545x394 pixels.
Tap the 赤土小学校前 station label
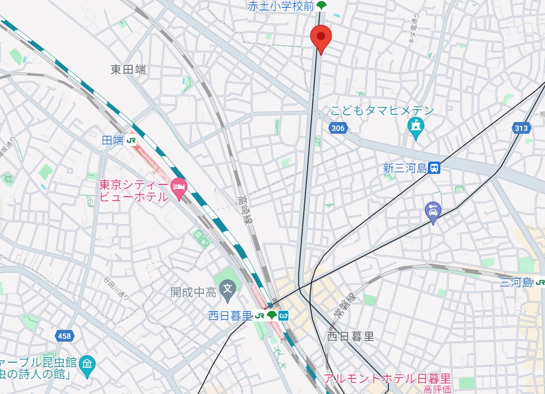pyautogui.click(x=281, y=6)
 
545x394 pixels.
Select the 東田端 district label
pyautogui.click(x=128, y=69)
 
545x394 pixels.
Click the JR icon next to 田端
pyautogui.click(x=132, y=141)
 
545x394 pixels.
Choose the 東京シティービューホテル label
pyautogui.click(x=134, y=190)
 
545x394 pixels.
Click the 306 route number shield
pyautogui.click(x=338, y=129)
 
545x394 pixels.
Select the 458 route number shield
pyautogui.click(x=64, y=335)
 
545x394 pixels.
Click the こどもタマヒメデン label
pyautogui.click(x=382, y=110)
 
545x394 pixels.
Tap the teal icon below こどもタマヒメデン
pyautogui.click(x=416, y=128)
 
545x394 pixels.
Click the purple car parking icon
pyautogui.click(x=432, y=211)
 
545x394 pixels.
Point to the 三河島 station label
pyautogui.click(x=515, y=283)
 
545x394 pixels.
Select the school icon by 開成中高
pyautogui.click(x=227, y=288)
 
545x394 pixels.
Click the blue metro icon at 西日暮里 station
pyautogui.click(x=284, y=316)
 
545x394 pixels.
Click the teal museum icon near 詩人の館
pyautogui.click(x=87, y=364)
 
